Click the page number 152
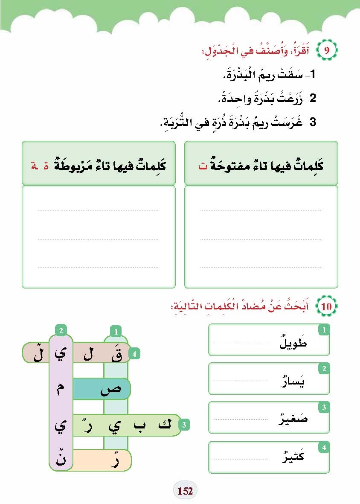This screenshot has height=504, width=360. click(x=185, y=491)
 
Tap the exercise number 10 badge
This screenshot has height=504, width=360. click(x=326, y=306)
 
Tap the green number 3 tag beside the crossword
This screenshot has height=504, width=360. click(x=184, y=425)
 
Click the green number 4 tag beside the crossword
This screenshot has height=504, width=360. click(x=134, y=354)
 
